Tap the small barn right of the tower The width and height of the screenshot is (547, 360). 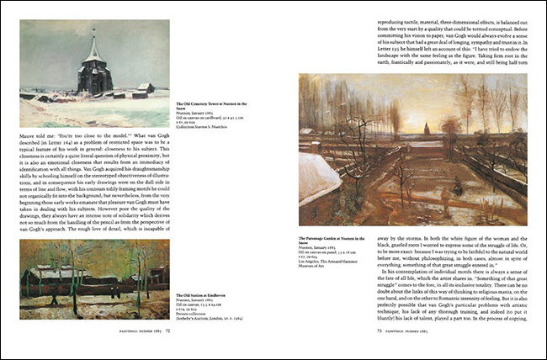(145, 87)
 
